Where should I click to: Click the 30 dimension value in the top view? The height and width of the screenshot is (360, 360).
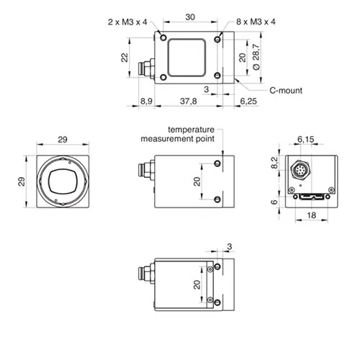pos(190,17)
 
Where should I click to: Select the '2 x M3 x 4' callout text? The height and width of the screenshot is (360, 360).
pos(127,22)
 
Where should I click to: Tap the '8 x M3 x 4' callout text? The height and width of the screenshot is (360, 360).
pos(256,22)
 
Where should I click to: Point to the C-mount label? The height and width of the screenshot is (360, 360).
pos(286,91)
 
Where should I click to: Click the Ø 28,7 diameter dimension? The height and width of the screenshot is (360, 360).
pos(256,57)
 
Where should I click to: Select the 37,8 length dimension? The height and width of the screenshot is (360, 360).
pos(189,101)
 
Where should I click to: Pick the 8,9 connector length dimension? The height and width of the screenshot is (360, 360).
pos(146,101)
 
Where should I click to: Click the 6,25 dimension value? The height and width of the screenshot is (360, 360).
pos(248,101)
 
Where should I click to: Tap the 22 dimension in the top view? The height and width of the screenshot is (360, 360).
pos(125,58)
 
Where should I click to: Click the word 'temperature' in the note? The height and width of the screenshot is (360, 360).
pos(191,130)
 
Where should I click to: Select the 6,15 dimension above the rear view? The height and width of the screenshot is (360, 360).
pos(305,139)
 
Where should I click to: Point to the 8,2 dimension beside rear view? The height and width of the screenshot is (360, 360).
pos(274,163)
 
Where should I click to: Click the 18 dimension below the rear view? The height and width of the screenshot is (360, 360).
pos(311,215)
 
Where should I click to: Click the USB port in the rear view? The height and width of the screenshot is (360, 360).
pos(311,197)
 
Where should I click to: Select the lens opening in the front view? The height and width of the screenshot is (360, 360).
pos(63,181)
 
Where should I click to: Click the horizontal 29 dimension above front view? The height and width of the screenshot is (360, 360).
pos(63,140)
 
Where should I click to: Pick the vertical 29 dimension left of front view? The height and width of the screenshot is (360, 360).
pos(22,181)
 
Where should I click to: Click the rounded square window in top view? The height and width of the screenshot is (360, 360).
pos(186,58)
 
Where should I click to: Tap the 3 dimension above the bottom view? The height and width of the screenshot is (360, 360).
pos(230,246)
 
